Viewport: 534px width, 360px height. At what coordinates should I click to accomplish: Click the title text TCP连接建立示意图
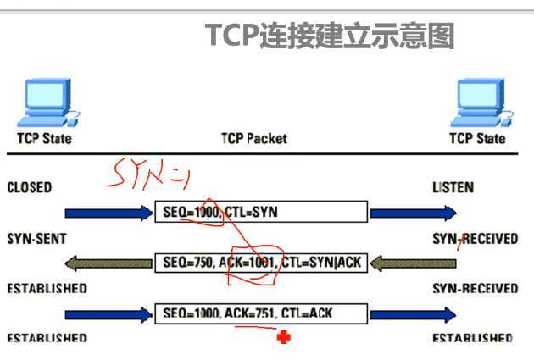331,36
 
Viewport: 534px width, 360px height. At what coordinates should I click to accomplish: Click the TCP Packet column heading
254,138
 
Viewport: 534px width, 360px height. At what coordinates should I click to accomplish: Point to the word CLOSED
30,187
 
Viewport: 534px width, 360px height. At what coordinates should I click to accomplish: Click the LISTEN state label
453,187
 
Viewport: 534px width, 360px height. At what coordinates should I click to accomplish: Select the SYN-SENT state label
36,239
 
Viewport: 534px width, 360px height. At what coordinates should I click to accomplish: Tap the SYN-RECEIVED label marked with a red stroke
475,239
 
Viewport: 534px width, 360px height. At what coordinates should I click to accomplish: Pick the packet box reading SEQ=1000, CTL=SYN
261,213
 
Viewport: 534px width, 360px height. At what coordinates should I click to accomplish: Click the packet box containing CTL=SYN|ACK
261,263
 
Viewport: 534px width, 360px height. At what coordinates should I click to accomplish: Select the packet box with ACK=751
261,313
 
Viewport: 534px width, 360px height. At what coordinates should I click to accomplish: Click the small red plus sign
283,338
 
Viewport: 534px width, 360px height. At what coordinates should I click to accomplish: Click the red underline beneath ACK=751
246,327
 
